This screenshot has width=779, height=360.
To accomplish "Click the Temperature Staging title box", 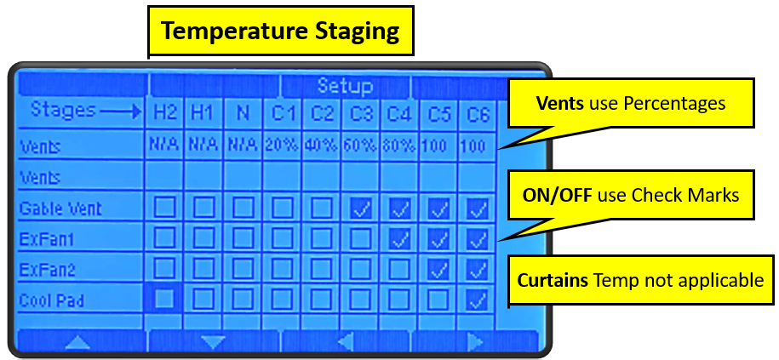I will point(280,31).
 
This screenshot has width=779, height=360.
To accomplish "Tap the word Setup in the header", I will point(345,86).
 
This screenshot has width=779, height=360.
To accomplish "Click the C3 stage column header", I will point(361,111).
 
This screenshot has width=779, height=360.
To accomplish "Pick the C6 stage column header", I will point(478,111).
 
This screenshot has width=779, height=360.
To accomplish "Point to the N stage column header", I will point(243,111).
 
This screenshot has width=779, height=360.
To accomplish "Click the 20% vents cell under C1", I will point(282,146).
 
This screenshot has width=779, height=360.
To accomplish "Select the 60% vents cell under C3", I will point(361,146).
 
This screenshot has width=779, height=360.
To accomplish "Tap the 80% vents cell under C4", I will point(399,146).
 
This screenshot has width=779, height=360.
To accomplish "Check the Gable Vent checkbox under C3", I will point(361,208).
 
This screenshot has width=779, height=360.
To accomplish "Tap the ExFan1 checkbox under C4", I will point(399,239).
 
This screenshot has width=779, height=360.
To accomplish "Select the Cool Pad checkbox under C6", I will point(478,300).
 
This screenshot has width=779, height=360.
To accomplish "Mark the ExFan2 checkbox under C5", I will point(439,269).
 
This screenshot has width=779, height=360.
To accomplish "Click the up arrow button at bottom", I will point(78,342).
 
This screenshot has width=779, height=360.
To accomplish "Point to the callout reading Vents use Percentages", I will point(630,103).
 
